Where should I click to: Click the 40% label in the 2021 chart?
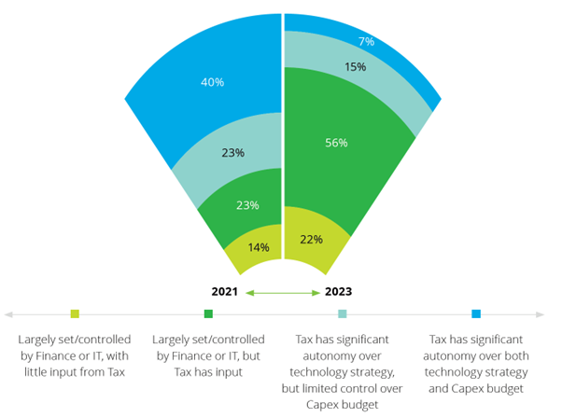pyautogui.click(x=212, y=82)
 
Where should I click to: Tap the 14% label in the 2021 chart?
pyautogui.click(x=259, y=247)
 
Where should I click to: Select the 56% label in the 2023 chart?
pyautogui.click(x=336, y=143)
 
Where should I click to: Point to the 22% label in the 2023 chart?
pyautogui.click(x=311, y=239)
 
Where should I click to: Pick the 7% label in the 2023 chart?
pyautogui.click(x=366, y=41)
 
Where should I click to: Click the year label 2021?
pyautogui.click(x=225, y=292)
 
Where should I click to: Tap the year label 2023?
pyautogui.click(x=339, y=292)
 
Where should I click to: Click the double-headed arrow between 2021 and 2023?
pyautogui.click(x=282, y=293)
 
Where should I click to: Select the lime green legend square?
pyautogui.click(x=75, y=314)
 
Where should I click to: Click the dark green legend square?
pyautogui.click(x=208, y=314)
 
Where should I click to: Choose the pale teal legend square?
pyautogui.click(x=343, y=314)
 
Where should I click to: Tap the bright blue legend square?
pyautogui.click(x=476, y=314)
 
